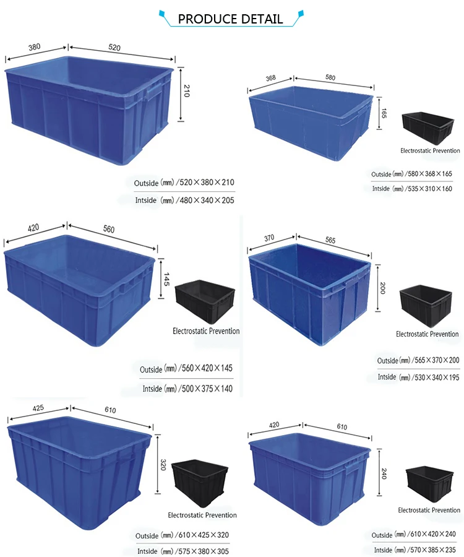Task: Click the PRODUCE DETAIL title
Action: pyautogui.click(x=230, y=19)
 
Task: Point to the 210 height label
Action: pyautogui.click(x=186, y=93)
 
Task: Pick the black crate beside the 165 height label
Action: pyautogui.click(x=427, y=128)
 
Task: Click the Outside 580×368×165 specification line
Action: pyautogui.click(x=411, y=175)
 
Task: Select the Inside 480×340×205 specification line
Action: pyautogui.click(x=184, y=201)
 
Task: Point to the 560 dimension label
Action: pyautogui.click(x=109, y=229)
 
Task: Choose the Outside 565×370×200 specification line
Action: pyautogui.click(x=418, y=361)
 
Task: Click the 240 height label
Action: pyautogui.click(x=384, y=474)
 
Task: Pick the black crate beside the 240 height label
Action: pyautogui.click(x=429, y=485)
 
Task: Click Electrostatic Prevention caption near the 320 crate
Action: pyautogui.click(x=202, y=515)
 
